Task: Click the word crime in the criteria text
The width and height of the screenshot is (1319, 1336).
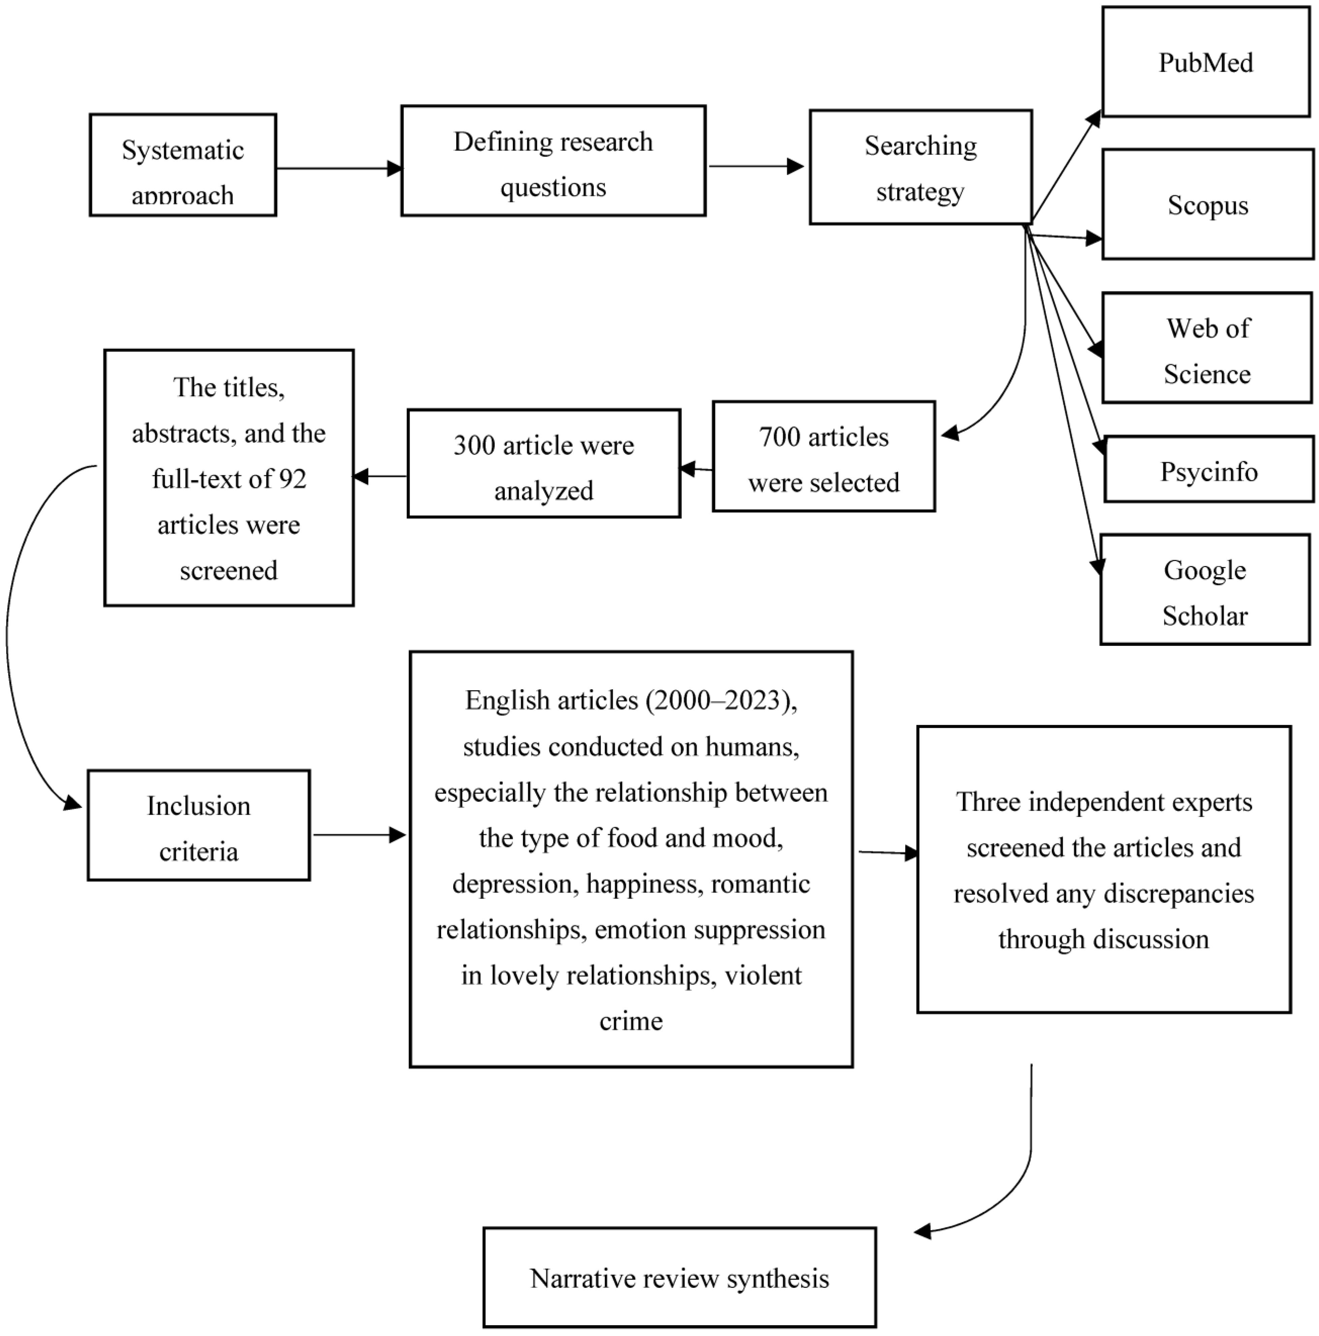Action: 631,1021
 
